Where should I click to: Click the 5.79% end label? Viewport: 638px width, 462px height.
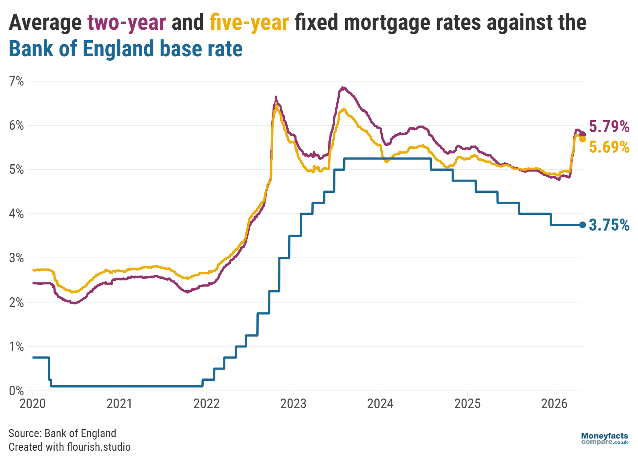(609, 127)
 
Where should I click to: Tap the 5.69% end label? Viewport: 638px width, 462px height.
(609, 147)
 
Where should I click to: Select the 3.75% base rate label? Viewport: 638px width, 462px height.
(609, 225)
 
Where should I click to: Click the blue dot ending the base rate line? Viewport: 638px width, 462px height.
(582, 225)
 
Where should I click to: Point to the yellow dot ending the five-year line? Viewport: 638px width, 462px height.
(582, 139)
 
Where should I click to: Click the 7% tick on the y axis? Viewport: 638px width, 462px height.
(16, 81)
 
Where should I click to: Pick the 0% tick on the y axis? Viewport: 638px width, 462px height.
(16, 390)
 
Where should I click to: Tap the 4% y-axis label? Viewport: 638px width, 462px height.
(16, 214)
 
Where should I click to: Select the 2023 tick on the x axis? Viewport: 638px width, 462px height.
(293, 403)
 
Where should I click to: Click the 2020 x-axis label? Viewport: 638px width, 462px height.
(33, 403)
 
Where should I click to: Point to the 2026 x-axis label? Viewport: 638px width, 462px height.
(554, 403)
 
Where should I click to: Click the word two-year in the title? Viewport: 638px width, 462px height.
(127, 22)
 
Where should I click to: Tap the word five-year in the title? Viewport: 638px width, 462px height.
(249, 22)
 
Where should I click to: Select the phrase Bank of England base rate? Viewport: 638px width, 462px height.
(126, 49)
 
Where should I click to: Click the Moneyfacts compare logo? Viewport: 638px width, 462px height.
(604, 438)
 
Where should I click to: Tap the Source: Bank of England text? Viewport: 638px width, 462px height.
(62, 433)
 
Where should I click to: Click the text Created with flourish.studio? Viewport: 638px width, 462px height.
(70, 447)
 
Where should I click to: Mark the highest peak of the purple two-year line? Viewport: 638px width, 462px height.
(343, 87)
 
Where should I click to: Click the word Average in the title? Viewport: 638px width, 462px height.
(45, 22)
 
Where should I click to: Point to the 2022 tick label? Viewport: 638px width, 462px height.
(207, 403)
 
